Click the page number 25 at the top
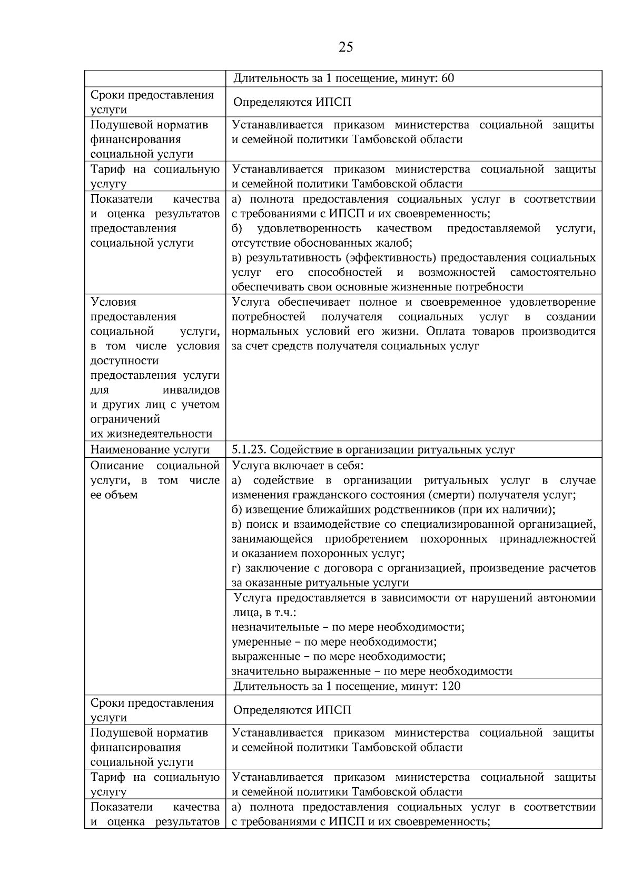(x=345, y=47)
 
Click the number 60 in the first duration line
(x=448, y=79)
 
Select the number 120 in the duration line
(x=451, y=686)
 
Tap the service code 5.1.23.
(x=249, y=450)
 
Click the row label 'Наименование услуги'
(x=150, y=450)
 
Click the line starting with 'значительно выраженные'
(x=372, y=671)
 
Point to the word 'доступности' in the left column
(x=124, y=361)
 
